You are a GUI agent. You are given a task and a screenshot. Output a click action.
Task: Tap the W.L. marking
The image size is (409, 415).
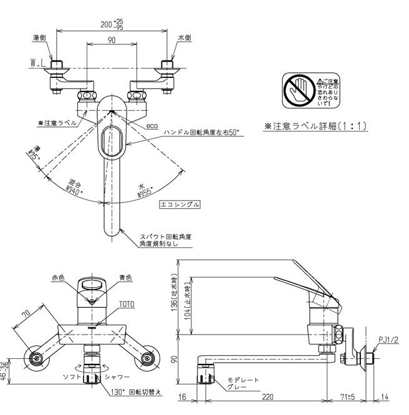(x=39, y=63)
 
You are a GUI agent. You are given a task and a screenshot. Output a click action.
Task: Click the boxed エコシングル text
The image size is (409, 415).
(x=180, y=204)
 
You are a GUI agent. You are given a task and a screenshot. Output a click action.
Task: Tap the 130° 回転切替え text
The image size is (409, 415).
(x=128, y=394)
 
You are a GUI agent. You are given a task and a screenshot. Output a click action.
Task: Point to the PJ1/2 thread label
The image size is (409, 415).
(x=391, y=340)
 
